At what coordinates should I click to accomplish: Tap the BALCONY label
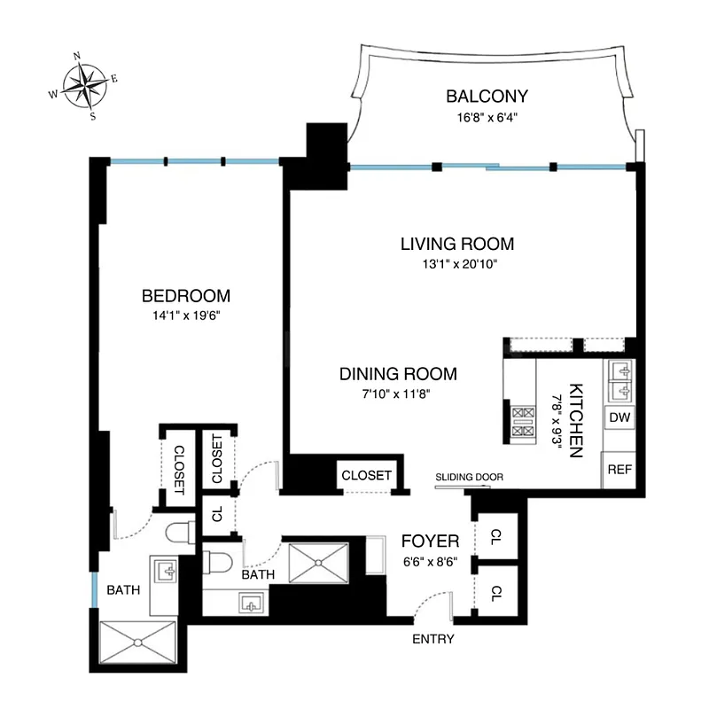[x=487, y=97]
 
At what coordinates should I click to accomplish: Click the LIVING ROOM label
[x=456, y=244]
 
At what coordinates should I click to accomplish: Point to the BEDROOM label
[x=186, y=295]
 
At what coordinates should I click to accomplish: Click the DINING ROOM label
[x=398, y=374]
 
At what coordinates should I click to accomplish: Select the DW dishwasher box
[x=618, y=417]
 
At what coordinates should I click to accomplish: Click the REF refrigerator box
[x=618, y=469]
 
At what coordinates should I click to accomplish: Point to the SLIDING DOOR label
[x=469, y=478]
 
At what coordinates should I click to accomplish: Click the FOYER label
[x=430, y=541]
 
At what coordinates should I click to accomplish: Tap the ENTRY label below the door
[x=433, y=639]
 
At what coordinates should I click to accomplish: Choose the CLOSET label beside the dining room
[x=366, y=475]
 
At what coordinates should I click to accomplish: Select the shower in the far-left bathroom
[x=139, y=642]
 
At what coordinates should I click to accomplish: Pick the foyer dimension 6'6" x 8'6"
[x=430, y=561]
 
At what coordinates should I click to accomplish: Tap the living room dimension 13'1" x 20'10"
[x=456, y=263]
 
